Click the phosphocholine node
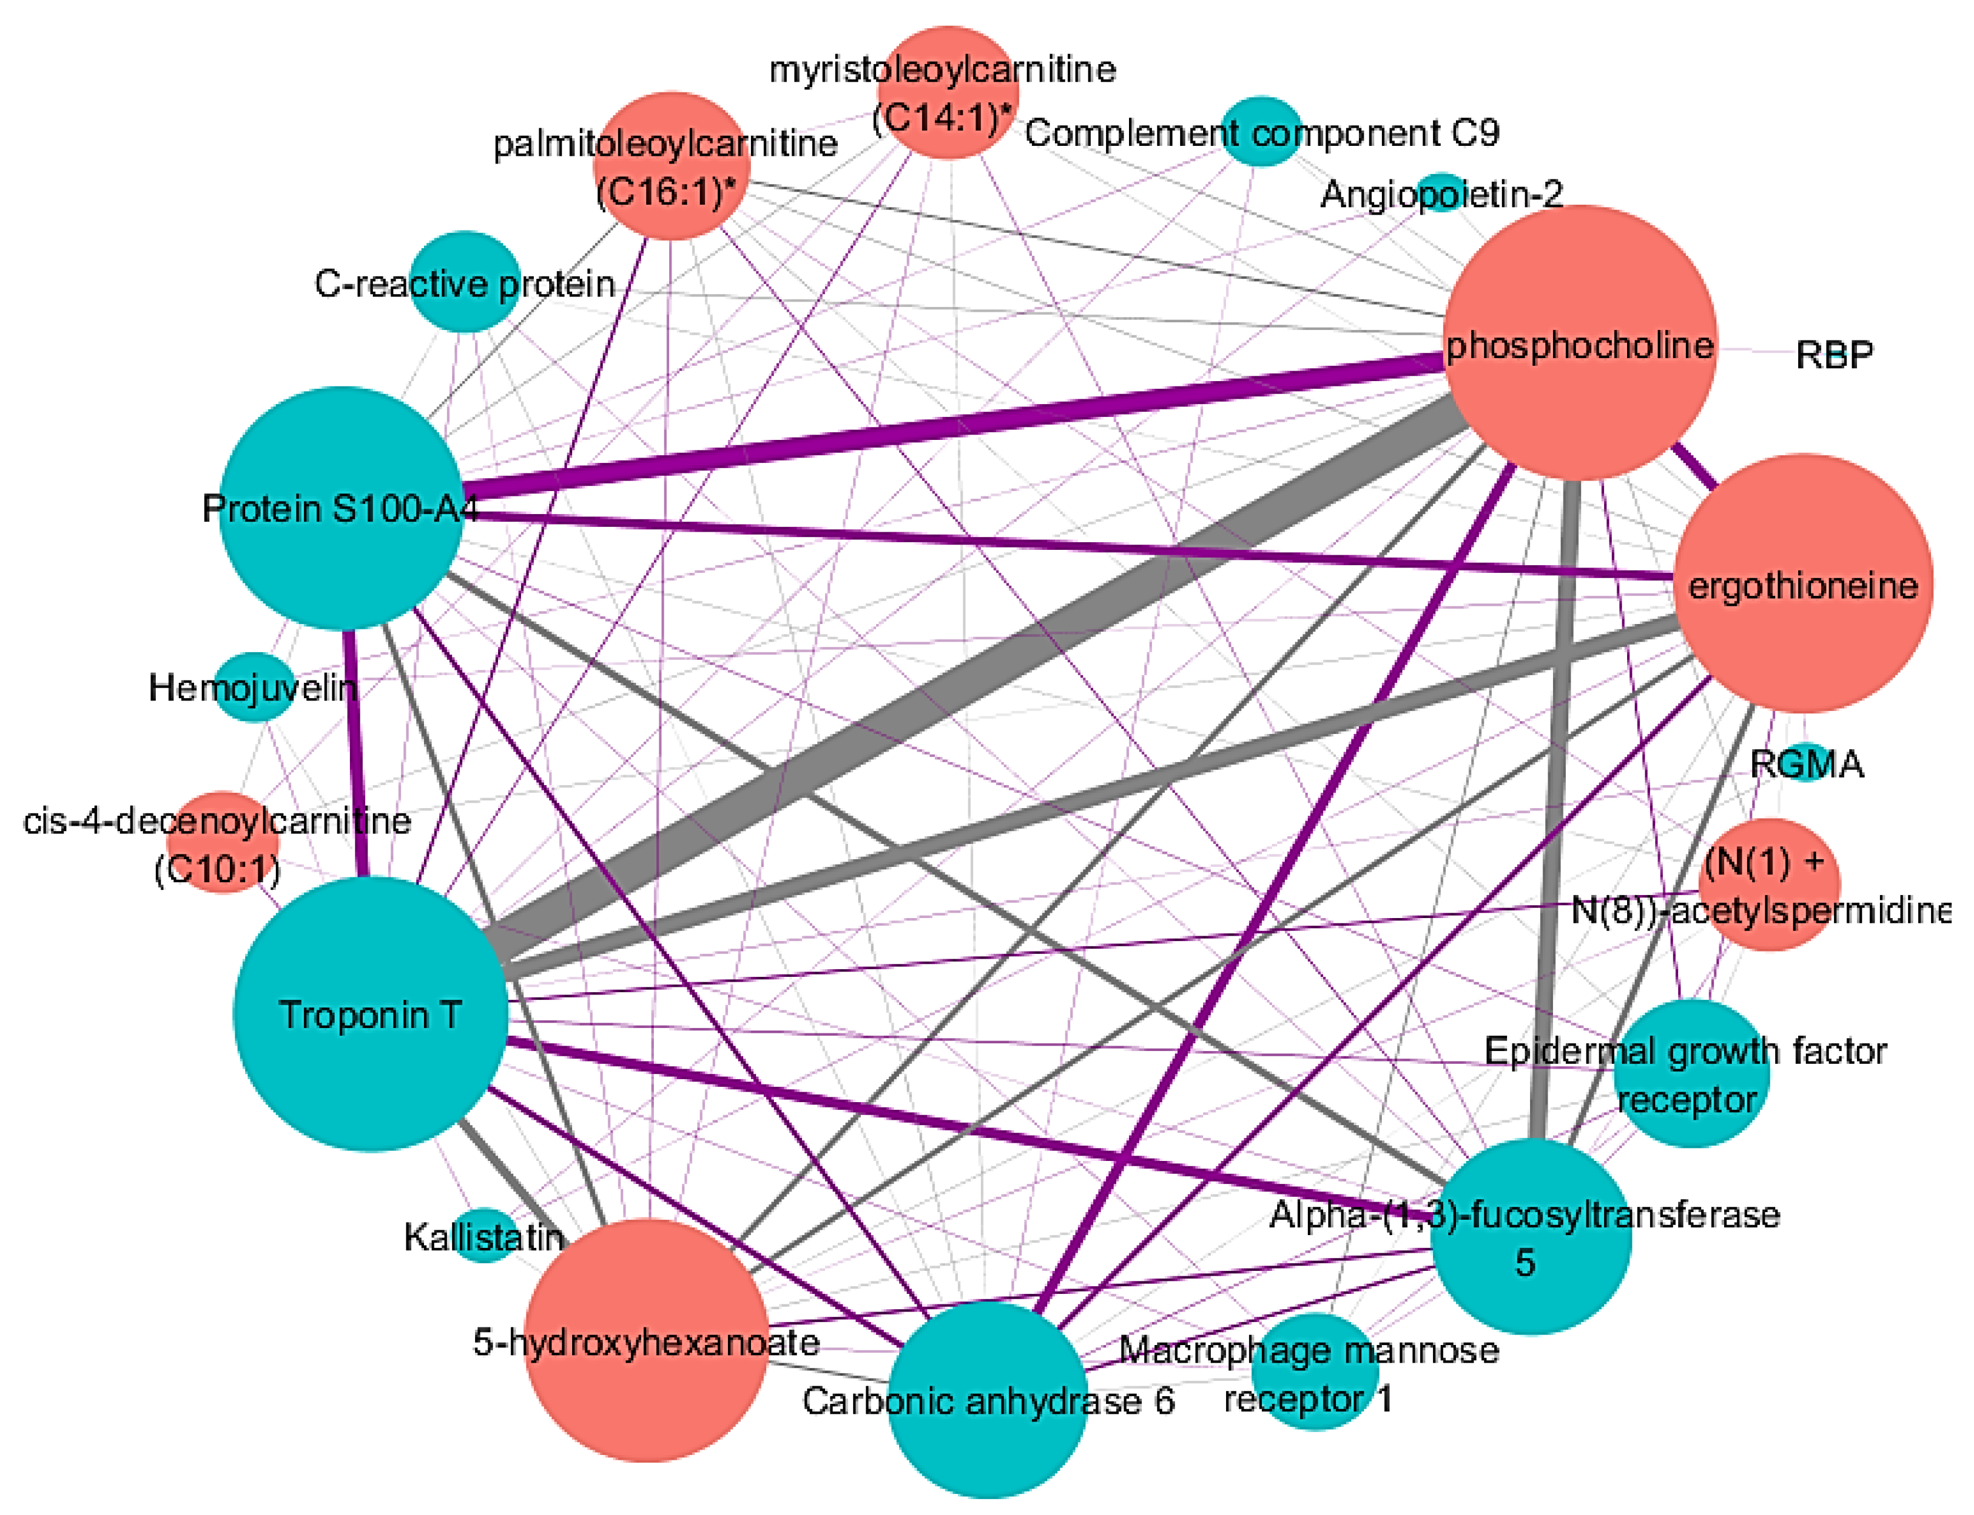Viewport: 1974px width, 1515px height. (x=1580, y=343)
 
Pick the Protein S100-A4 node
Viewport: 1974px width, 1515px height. (x=342, y=508)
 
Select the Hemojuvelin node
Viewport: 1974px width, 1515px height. (x=254, y=687)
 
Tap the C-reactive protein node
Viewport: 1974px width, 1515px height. (x=465, y=282)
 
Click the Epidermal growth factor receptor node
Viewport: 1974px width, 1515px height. (x=1691, y=1073)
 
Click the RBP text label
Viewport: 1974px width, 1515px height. (x=1833, y=355)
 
